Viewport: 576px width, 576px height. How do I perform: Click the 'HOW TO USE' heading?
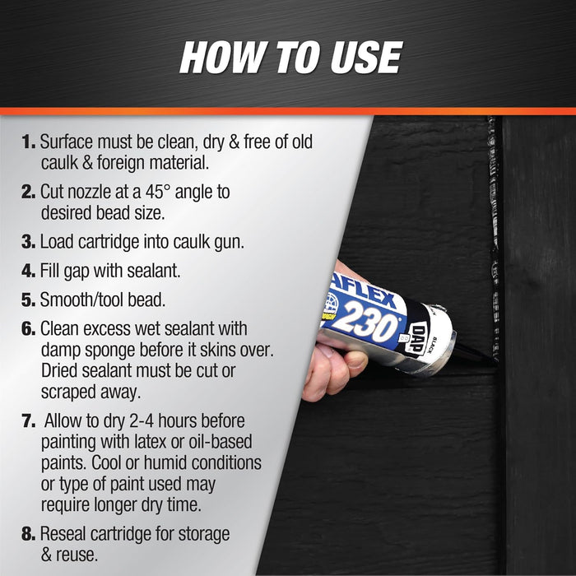pos(290,58)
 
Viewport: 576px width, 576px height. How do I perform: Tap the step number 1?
pos(26,142)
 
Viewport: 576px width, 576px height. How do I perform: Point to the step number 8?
pos(27,535)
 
